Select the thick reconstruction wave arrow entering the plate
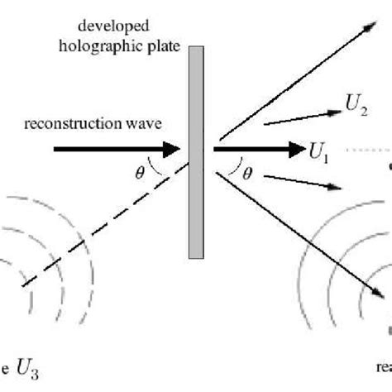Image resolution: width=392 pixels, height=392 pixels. [116, 150]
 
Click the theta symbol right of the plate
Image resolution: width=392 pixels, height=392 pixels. [247, 173]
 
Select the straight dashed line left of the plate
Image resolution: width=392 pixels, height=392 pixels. [108, 231]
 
